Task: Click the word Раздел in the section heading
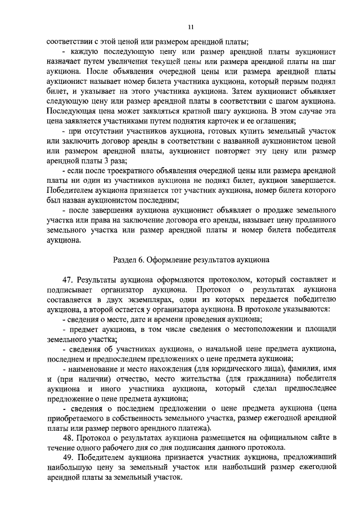125,260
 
